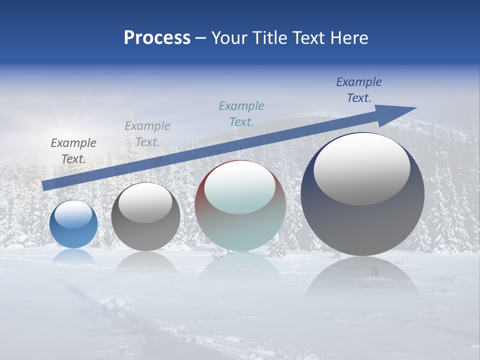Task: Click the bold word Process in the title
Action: (x=157, y=38)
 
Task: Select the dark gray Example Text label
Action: (x=73, y=151)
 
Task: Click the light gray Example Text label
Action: (x=147, y=134)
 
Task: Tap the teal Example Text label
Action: (x=241, y=114)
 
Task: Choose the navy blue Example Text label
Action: (x=359, y=90)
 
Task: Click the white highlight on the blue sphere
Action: (x=73, y=214)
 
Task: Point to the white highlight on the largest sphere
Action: (x=362, y=167)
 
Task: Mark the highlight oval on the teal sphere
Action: (x=240, y=187)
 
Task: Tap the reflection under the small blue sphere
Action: (x=73, y=256)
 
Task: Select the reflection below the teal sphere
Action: (x=240, y=270)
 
